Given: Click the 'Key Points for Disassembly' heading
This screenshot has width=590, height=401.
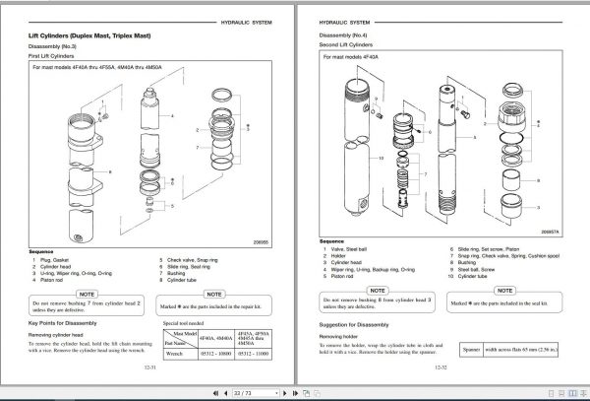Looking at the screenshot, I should pyautogui.click(x=67, y=323).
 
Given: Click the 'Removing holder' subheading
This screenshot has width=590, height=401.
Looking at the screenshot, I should pyautogui.click(x=339, y=335).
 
